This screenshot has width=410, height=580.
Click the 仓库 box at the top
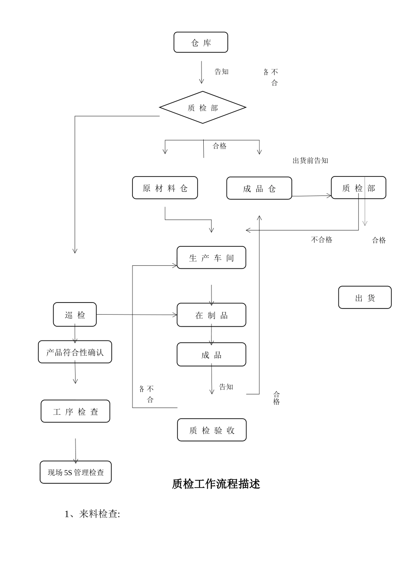pos(201,42)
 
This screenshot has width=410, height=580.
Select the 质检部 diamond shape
pos(202,107)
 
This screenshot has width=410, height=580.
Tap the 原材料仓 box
pos(165,188)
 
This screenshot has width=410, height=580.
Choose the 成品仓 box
pos(259,188)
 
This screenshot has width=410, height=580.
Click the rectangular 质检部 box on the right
pos(358,188)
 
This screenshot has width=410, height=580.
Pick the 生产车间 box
pos(211,258)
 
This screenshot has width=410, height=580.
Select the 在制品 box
pos(211,315)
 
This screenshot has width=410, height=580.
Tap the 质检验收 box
pos(211,430)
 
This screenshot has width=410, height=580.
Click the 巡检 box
pos(75,315)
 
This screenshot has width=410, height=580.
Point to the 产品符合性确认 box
pos(75,352)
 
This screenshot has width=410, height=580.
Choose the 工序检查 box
pos(75,411)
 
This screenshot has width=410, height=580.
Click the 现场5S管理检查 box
pos(76,472)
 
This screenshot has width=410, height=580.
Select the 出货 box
pos(365,297)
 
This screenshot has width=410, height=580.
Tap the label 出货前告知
pos(310,161)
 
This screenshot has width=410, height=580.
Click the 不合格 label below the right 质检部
pos(322,240)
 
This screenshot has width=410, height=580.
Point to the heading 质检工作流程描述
pos(216,484)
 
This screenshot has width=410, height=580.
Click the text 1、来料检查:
pos(92,514)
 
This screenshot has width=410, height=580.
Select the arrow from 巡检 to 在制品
pos(136,315)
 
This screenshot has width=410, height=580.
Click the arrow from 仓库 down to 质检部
pos(201,72)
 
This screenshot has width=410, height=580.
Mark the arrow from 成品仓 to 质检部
pos(312,196)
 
